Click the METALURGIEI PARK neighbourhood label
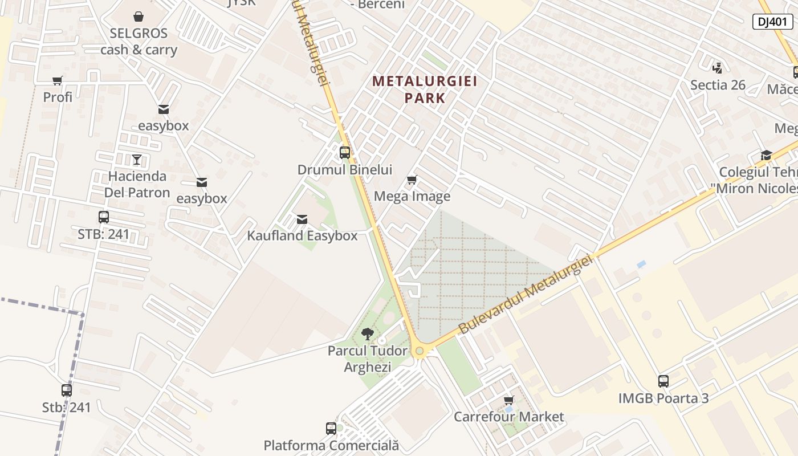(x=425, y=89)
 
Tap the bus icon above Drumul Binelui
(x=345, y=153)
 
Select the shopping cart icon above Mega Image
(x=412, y=180)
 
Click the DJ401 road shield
(x=772, y=22)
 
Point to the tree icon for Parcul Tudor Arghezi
(x=368, y=334)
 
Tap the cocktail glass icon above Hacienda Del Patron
(x=137, y=159)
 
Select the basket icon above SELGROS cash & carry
(x=139, y=17)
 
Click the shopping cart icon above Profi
(x=58, y=80)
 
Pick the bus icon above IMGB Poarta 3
(x=663, y=381)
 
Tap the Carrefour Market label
(x=508, y=417)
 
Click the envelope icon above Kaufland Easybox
(x=302, y=219)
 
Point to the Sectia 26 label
(x=718, y=85)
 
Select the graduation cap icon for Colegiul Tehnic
(x=766, y=156)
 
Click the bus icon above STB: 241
(x=104, y=217)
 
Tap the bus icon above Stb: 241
(x=67, y=390)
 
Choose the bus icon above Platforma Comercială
(x=331, y=429)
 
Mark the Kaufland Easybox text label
(x=302, y=235)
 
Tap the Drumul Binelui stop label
(x=345, y=169)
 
